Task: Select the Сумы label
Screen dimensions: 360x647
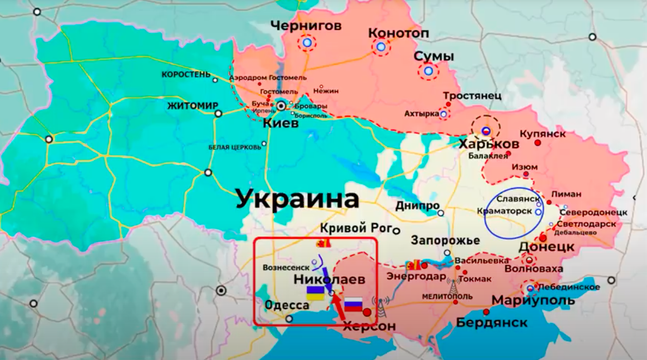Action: (x=433, y=57)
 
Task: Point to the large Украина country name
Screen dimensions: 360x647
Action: (x=298, y=199)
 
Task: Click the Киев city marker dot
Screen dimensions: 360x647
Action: (x=281, y=106)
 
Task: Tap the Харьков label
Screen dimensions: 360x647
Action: (x=488, y=144)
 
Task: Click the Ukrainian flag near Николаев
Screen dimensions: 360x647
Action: (x=315, y=293)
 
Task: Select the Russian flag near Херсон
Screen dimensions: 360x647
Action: (x=353, y=304)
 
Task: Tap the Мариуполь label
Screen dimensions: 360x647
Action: (x=533, y=300)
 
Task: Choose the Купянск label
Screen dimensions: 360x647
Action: (x=542, y=133)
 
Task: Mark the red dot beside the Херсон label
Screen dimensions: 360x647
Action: (x=367, y=312)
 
